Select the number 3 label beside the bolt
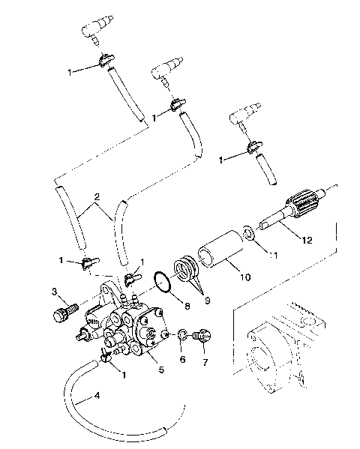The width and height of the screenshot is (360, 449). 55,291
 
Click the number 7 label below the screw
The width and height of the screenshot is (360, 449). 204,361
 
